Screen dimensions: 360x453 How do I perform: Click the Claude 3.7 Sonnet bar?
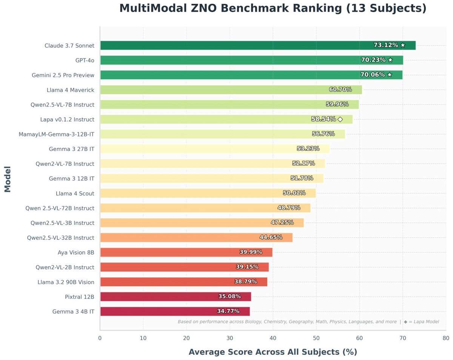coord(226,45)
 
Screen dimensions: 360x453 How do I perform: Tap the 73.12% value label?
coord(385,45)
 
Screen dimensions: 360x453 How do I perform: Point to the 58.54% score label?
coord(324,119)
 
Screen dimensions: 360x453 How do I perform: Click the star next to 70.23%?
coord(390,60)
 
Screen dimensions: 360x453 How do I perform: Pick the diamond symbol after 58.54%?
coord(340,119)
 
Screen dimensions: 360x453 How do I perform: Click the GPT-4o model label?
coord(85,60)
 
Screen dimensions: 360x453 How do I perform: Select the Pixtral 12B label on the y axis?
coord(80,297)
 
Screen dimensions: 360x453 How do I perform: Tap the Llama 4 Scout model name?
coord(75,193)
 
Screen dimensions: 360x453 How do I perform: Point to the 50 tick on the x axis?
coord(316,338)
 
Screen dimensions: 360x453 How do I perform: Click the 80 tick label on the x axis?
coord(446,338)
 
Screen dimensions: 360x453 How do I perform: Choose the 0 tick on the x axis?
coord(100,338)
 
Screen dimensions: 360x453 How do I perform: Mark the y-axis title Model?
coord(8,179)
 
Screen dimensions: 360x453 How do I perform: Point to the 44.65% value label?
coord(271,238)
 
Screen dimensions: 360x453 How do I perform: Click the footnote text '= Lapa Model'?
coord(423,322)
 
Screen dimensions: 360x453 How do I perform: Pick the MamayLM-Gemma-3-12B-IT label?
coord(57,134)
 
